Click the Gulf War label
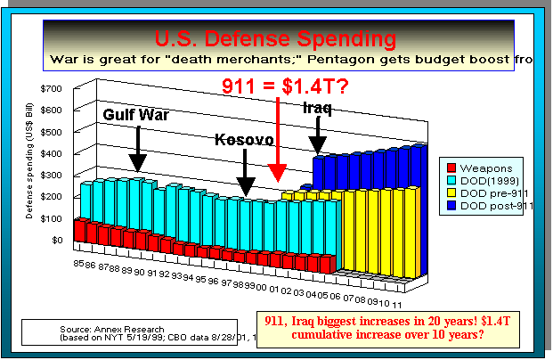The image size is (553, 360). (135, 116)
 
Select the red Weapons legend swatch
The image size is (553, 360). (452, 166)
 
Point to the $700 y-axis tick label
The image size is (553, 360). (50, 90)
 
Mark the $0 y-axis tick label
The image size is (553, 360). (55, 240)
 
